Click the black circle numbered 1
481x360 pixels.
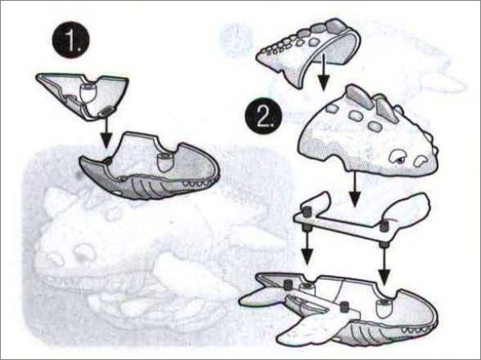tap(71, 39)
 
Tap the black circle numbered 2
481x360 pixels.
tap(263, 115)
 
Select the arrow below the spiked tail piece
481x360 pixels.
tap(323, 71)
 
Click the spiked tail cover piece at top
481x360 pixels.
tap(309, 51)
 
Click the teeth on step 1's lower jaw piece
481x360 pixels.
tap(197, 184)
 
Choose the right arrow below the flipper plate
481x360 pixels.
tap(384, 258)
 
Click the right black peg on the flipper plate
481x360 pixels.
tap(384, 226)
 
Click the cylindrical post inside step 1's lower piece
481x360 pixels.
tap(165, 162)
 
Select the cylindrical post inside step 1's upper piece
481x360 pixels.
tap(87, 92)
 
